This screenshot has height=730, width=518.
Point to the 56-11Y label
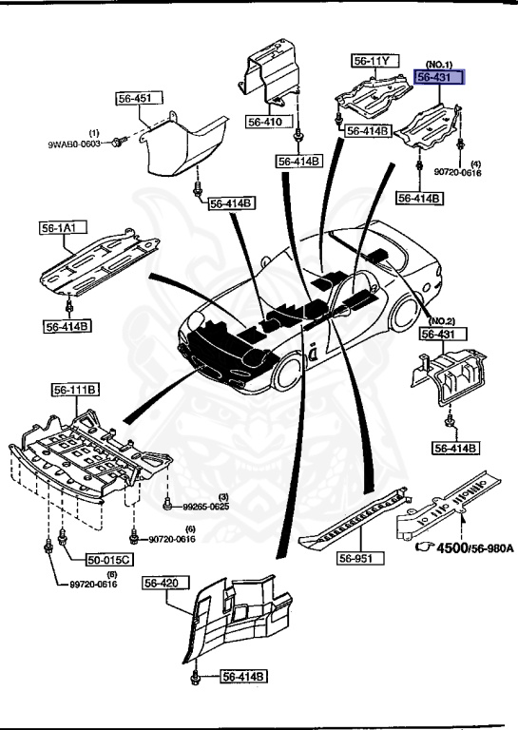point(372,61)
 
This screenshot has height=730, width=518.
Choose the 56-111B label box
point(77,390)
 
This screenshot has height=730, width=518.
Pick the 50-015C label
point(108,560)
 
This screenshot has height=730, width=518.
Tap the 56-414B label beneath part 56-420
point(244,677)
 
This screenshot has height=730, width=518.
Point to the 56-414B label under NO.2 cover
point(455,447)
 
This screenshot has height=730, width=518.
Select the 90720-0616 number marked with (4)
point(458,173)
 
